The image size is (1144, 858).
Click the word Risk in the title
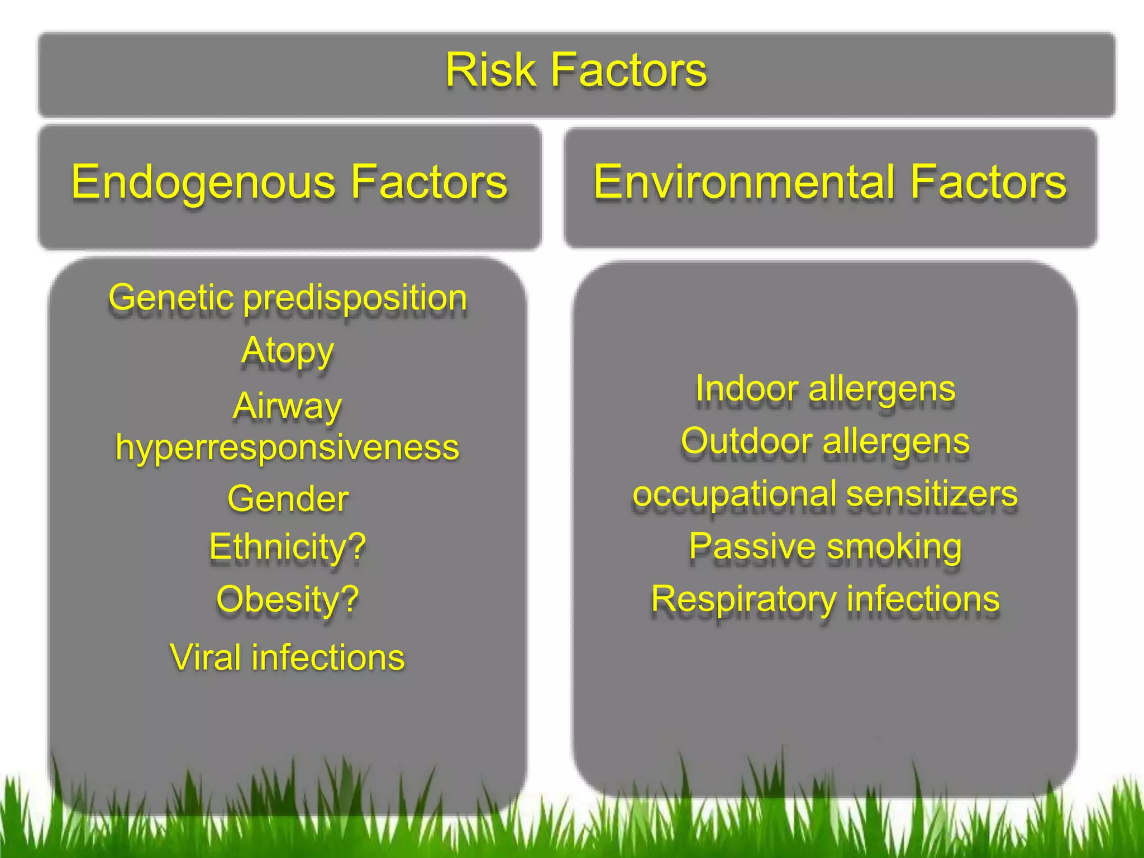pos(490,70)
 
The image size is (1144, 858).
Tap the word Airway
pos(287,406)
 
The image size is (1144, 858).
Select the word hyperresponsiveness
pos(287,448)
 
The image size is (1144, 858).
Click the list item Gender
pos(288,498)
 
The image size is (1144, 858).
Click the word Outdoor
pos(745,441)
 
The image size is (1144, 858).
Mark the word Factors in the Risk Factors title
pos(629,70)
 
